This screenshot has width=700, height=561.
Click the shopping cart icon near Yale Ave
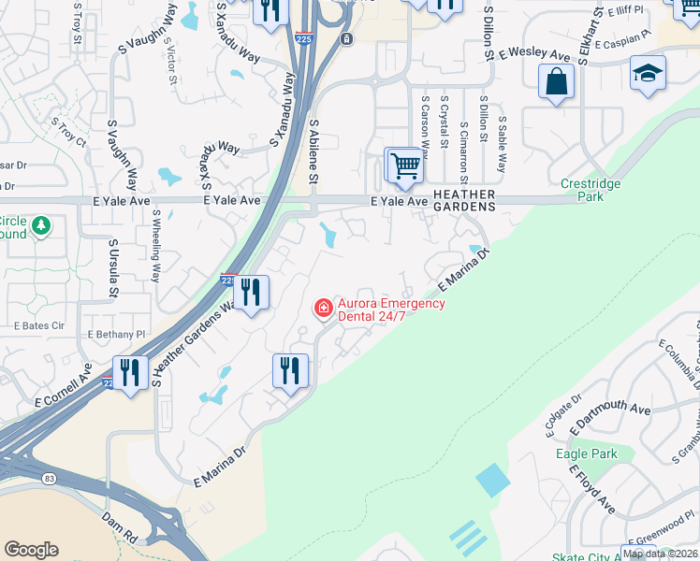point(405,166)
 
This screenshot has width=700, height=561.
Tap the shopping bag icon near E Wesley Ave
point(556,81)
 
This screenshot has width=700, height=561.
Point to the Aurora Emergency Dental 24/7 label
point(391,309)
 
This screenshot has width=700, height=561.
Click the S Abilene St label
point(314,151)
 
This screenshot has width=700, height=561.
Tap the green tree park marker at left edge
point(40,225)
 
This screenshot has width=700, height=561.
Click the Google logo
point(31,550)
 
